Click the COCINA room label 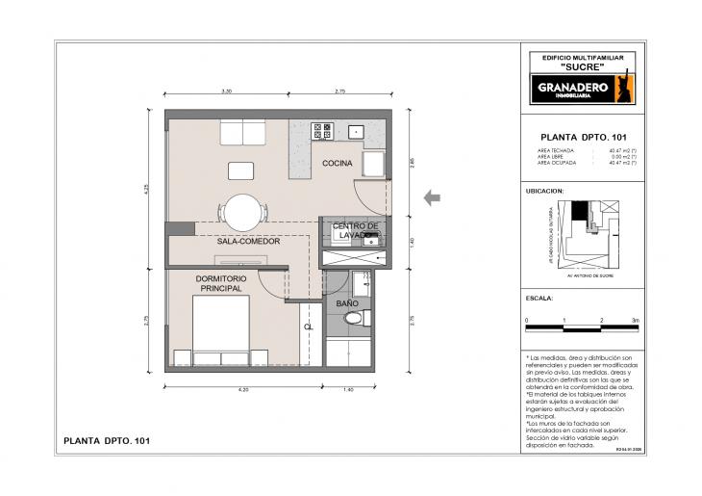[x=337, y=163]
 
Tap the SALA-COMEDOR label [x=248, y=241]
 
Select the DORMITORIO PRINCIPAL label [x=220, y=283]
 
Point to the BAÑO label [x=346, y=303]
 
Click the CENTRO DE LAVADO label [x=356, y=230]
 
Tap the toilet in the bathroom [x=353, y=318]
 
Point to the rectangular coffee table [x=241, y=171]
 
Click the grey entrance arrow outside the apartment [x=433, y=197]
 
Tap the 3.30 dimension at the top [x=227, y=91]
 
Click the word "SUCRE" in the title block [x=582, y=67]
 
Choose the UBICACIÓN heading [x=544, y=192]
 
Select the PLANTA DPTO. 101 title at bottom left [x=106, y=440]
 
